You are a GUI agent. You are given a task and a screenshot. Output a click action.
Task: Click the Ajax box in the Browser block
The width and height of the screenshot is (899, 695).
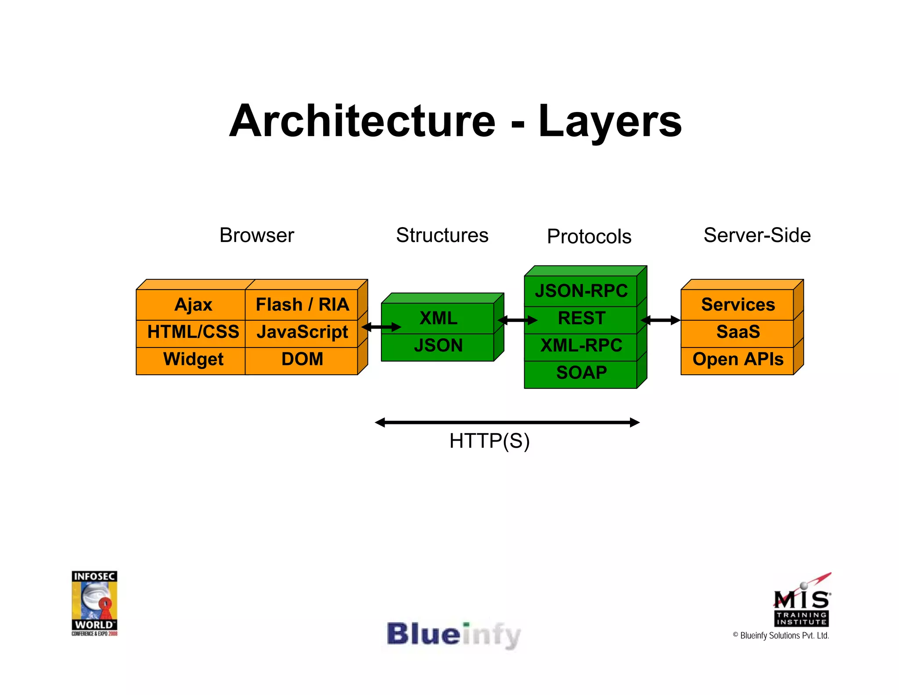click(193, 305)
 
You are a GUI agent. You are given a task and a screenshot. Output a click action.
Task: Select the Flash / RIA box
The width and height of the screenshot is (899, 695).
click(302, 305)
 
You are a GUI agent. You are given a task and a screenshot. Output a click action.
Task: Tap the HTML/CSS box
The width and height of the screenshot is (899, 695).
click(193, 332)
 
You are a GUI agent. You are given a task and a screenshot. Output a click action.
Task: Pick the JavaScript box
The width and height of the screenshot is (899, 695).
click(302, 332)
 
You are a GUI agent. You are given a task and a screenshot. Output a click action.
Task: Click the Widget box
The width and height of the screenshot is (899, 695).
click(193, 359)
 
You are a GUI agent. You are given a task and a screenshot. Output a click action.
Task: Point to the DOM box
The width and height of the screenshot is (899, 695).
click(302, 359)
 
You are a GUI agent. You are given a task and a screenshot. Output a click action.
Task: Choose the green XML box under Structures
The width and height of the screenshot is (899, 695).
click(438, 319)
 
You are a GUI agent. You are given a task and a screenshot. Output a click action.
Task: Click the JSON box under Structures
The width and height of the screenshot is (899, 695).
click(438, 346)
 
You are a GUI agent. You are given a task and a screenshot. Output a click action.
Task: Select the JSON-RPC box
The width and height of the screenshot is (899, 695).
click(581, 291)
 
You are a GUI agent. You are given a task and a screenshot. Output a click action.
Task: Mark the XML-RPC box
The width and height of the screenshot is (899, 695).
click(581, 346)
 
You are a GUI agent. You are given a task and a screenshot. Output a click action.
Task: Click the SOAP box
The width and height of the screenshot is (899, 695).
click(581, 373)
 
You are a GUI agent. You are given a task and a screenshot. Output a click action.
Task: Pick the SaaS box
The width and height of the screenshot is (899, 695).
click(737, 332)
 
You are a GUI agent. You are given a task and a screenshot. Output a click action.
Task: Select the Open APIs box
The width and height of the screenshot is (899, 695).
click(737, 359)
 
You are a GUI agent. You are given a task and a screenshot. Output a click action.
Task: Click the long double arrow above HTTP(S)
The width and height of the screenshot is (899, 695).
click(507, 423)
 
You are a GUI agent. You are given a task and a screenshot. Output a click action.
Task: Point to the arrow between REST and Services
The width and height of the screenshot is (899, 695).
click(661, 320)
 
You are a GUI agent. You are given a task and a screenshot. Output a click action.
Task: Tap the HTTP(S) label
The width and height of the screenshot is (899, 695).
click(489, 441)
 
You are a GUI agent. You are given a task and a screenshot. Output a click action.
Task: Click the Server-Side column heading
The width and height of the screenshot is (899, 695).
click(757, 235)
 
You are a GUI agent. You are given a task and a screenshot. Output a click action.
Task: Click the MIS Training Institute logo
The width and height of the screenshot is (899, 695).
click(802, 601)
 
